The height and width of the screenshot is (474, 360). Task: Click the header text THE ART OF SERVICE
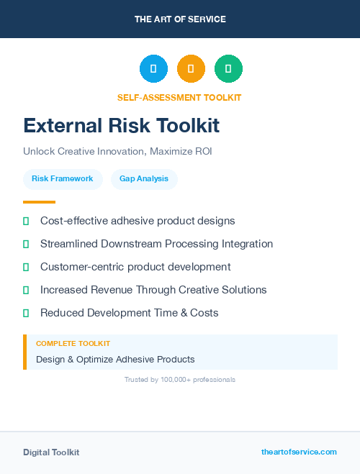tap(180, 19)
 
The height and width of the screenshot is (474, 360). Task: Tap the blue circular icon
tap(153, 68)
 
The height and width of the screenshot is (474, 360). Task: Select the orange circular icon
tap(191, 68)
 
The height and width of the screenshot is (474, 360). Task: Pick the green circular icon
tap(228, 68)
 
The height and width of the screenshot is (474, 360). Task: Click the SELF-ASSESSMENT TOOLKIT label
tap(179, 97)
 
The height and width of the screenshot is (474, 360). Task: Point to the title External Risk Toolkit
tap(121, 126)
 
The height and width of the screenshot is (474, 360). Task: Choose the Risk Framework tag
tap(63, 178)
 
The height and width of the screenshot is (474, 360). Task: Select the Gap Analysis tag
tap(144, 178)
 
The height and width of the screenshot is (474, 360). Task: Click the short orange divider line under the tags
tap(39, 202)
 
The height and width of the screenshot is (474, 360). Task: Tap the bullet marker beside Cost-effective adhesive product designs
tap(26, 221)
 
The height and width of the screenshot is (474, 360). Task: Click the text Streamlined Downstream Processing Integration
tap(156, 244)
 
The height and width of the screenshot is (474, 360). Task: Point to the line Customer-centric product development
tap(135, 267)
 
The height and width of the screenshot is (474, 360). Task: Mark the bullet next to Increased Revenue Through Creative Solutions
tap(26, 290)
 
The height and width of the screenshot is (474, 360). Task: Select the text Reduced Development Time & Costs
tap(129, 313)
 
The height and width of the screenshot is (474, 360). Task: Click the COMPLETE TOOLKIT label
tap(73, 344)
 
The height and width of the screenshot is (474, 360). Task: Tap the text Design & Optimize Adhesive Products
tap(115, 359)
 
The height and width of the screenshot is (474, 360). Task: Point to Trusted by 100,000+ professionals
tap(180, 379)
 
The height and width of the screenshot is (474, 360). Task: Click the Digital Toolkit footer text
tap(51, 452)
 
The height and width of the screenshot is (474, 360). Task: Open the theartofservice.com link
tap(299, 452)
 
